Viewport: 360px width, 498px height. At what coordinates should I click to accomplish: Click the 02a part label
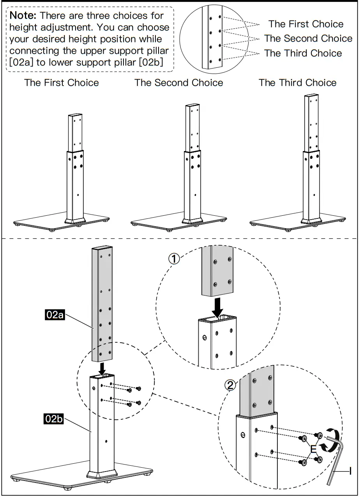55,314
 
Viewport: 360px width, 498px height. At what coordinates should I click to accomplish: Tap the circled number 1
174,258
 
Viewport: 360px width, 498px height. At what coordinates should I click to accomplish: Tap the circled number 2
231,385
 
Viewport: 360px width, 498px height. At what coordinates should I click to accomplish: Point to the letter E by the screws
314,449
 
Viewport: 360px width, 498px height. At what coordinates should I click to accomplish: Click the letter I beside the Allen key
350,471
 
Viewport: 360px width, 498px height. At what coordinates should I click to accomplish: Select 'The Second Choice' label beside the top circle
308,39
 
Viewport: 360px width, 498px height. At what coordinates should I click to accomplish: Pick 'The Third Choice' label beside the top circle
303,53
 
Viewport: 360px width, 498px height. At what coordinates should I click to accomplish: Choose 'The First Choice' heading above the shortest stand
62,83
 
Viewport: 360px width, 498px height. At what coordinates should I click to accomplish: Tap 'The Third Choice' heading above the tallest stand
298,83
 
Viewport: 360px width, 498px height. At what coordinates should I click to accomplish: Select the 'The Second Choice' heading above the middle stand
179,83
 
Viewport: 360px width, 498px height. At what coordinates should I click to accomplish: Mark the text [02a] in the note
21,62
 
